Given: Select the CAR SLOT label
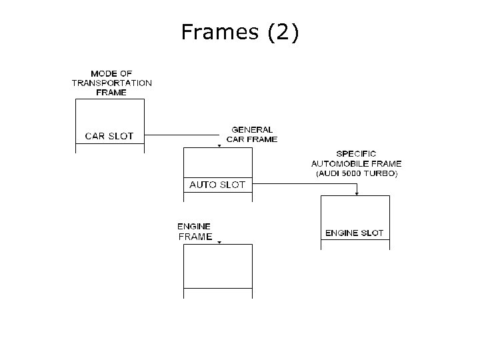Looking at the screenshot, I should coord(109,136).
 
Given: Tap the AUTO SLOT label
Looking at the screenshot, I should coord(217,185).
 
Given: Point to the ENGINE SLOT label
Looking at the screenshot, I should coord(354,233).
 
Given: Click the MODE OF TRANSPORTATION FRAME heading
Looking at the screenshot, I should coord(111,83).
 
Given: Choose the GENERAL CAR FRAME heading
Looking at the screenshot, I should coord(252,135).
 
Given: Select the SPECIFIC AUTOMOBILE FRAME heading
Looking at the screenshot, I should coord(356,159).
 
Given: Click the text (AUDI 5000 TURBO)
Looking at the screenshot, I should coord(356,173).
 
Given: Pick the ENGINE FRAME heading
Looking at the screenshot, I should coord(195,231).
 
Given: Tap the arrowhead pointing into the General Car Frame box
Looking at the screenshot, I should coord(219,145).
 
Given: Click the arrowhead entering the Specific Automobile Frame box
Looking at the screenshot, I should coord(357,193).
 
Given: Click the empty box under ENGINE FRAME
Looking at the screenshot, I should coord(218,266).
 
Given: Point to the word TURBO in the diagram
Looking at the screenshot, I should coord(383,173).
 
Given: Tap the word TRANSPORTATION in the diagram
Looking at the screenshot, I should coord(111,83).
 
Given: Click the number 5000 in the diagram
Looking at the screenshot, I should coord(354,173).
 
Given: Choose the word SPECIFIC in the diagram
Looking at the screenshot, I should coord(356,154).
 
